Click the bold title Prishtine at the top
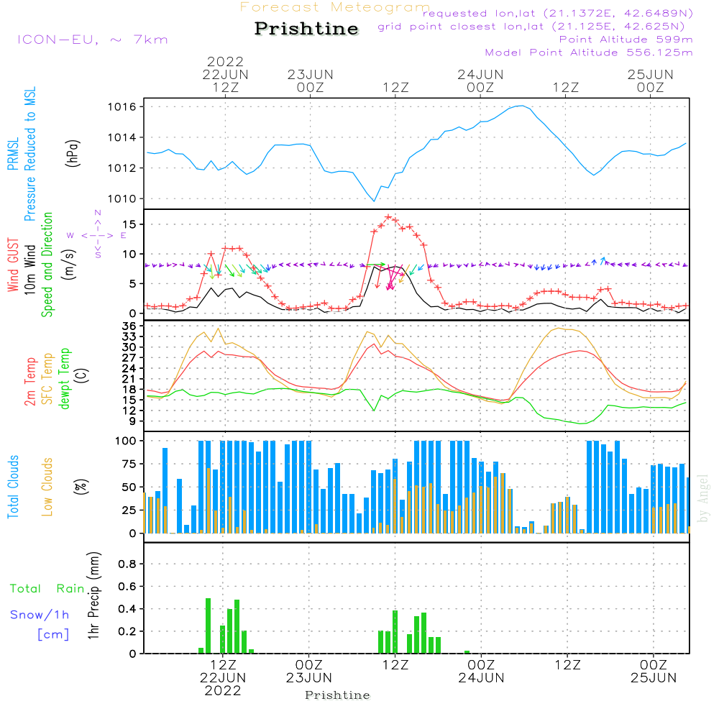[306, 29]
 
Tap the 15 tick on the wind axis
[129, 224]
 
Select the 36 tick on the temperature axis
[129, 326]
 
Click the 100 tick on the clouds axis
[126, 441]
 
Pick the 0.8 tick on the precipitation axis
[127, 564]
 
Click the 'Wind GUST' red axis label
[13, 265]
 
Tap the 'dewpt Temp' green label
[64, 378]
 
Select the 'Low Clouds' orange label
[47, 487]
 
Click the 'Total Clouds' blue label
[13, 487]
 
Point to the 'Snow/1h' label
[40, 615]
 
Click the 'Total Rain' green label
[47, 588]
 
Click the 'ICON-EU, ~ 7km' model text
[93, 40]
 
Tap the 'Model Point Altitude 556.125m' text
[589, 52]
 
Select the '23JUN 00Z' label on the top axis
[311, 81]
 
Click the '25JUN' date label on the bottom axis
[654, 678]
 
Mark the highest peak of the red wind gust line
[388, 217]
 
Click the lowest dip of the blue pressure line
[374, 201]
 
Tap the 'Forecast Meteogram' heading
[335, 7]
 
